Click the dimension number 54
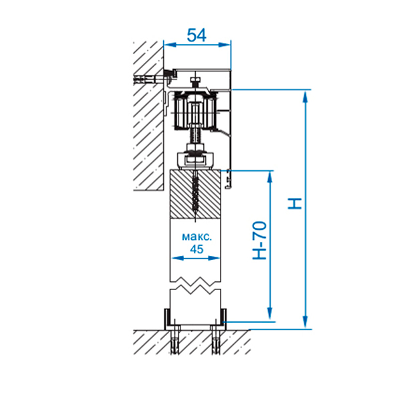(x=196, y=35)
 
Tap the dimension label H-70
(x=259, y=241)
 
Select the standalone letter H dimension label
(x=295, y=204)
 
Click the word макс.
(x=197, y=237)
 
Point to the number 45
(x=196, y=249)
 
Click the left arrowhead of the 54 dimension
(x=170, y=45)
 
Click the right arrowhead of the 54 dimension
(x=225, y=45)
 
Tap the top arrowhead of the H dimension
(x=305, y=96)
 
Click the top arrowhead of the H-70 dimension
(x=269, y=177)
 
